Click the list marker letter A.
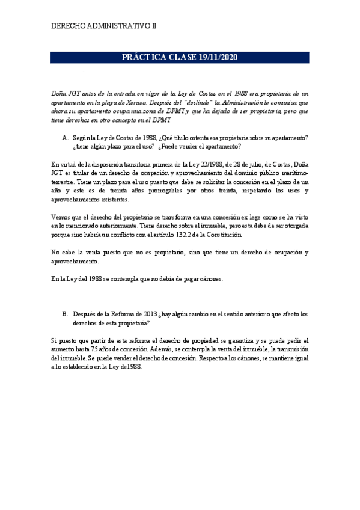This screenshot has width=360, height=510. tap(65, 138)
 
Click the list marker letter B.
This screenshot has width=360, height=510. tap(65, 314)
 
